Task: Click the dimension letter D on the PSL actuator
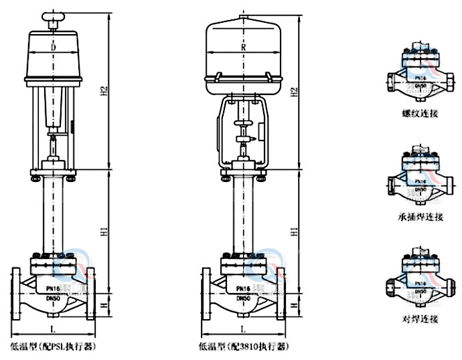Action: coord(54,48)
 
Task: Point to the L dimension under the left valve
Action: coord(52,329)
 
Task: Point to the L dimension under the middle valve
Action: coord(242,329)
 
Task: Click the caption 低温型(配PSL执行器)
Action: coord(53,347)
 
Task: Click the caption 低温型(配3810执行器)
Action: coord(242,347)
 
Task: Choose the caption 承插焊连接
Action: coord(420,217)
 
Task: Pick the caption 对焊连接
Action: coord(420,320)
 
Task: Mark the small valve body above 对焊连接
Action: coord(420,278)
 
